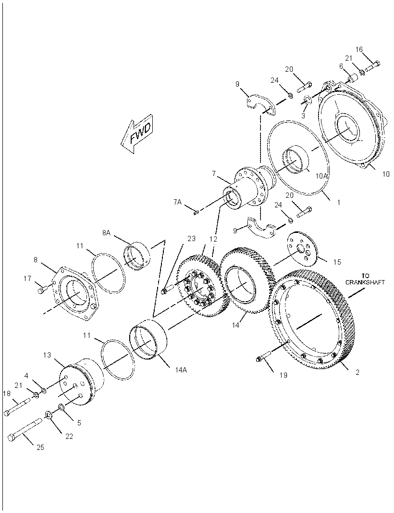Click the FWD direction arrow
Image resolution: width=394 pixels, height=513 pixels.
pos(136,133)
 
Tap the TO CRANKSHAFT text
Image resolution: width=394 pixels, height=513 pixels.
pos(365,279)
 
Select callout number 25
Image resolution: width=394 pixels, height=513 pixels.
pos(40,447)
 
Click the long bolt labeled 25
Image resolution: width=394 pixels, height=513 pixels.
pos(25,429)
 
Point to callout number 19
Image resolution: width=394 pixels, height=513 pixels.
pos(283,375)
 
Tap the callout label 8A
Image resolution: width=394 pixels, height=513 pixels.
pos(107,232)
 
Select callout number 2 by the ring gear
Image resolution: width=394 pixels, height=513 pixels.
pos(357,372)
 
